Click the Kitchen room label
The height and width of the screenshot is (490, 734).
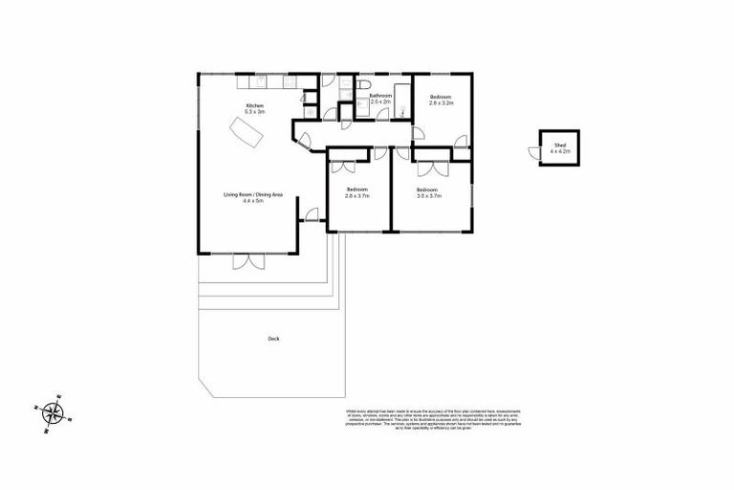[254, 108]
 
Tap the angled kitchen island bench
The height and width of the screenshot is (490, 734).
[246, 134]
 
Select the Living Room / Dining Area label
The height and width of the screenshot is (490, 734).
[253, 198]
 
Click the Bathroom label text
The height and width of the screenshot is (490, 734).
[381, 98]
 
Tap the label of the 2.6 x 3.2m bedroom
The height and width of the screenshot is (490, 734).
[440, 100]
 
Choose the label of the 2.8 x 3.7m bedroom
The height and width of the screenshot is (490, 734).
[356, 194]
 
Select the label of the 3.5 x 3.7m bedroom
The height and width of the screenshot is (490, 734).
[428, 194]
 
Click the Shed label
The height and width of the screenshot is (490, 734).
[560, 148]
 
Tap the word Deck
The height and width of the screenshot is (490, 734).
[274, 338]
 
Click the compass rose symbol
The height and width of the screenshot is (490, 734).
[56, 413]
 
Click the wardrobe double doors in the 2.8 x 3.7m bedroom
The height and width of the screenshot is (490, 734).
[341, 167]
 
